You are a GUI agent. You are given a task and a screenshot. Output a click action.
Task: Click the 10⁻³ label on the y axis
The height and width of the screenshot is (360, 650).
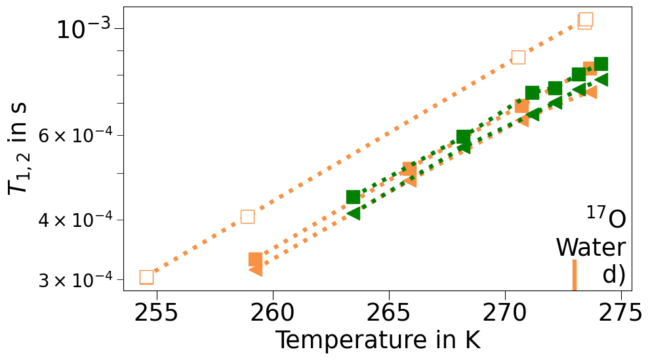[x=83, y=30]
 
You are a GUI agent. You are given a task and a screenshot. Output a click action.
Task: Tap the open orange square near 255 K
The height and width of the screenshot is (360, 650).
[x=146, y=277]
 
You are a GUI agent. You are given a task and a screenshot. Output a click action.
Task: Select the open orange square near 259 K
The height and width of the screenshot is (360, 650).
[x=247, y=216]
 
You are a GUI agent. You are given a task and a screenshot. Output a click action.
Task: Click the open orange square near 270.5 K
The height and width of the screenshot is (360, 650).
[x=518, y=57]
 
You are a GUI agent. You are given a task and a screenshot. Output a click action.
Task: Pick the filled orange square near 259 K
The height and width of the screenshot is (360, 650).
[x=256, y=260]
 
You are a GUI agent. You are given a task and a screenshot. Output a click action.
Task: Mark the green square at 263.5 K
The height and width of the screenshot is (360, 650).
[x=353, y=197]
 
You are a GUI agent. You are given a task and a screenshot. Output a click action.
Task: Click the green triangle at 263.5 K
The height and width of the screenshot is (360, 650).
[x=353, y=212]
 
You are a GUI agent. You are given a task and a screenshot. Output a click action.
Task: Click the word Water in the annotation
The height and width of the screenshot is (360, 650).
[x=590, y=248]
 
